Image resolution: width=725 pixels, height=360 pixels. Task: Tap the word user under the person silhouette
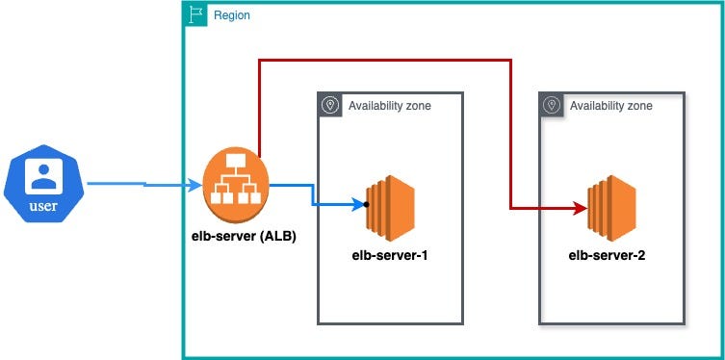point(41,205)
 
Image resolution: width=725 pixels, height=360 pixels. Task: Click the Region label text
point(232,14)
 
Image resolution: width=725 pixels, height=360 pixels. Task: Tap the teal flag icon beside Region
point(195,14)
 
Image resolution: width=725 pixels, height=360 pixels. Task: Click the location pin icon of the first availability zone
point(330,105)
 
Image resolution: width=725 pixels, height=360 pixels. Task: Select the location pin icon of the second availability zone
point(553,105)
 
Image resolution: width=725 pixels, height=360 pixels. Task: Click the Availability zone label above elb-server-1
point(390,105)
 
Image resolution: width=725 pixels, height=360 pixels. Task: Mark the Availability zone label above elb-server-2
point(611,105)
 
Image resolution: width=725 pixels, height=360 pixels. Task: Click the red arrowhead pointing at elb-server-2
point(582,207)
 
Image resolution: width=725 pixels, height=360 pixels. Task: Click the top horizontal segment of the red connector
point(385,60)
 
